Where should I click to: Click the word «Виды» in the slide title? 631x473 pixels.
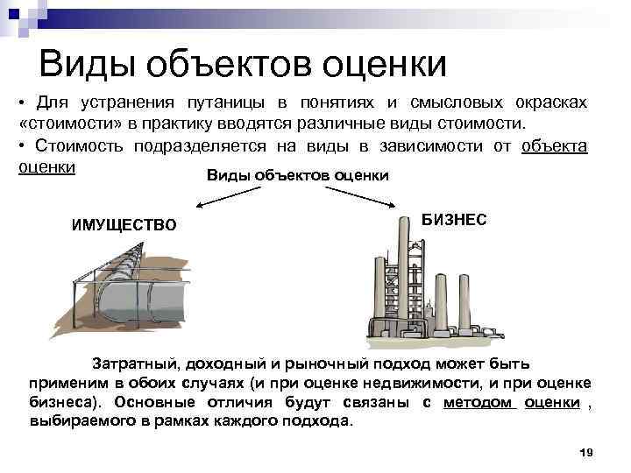click(83, 62)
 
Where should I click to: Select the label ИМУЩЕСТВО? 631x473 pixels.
click(124, 225)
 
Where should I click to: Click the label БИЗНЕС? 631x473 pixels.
click(455, 220)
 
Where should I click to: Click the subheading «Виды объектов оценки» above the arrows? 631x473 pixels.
click(298, 175)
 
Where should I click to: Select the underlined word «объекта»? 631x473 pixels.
click(554, 145)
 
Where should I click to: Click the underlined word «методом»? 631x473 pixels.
click(481, 402)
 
